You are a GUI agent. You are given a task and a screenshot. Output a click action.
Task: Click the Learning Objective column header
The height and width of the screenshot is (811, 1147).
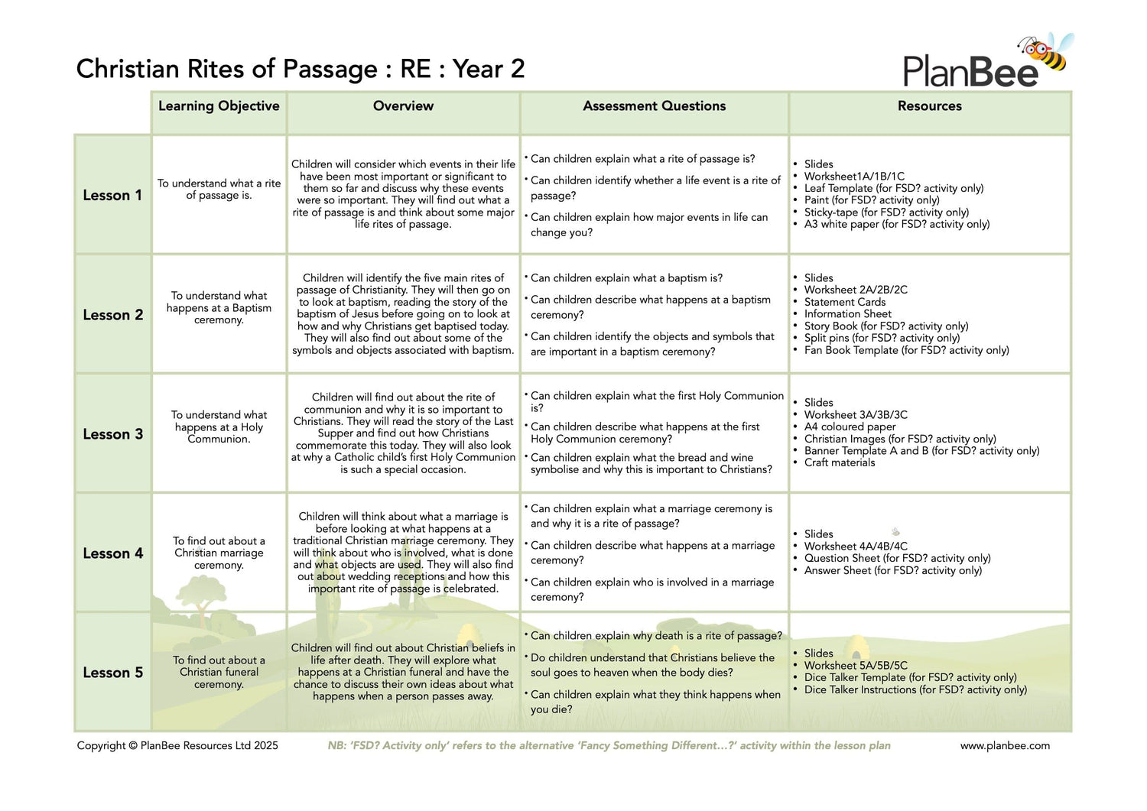(x=219, y=106)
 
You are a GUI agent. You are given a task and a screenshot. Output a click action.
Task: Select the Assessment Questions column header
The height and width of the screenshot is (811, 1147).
(x=654, y=106)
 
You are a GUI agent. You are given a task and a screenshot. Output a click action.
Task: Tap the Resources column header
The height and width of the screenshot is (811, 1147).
(x=929, y=106)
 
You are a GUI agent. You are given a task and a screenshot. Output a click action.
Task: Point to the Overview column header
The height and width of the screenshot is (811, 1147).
(x=403, y=106)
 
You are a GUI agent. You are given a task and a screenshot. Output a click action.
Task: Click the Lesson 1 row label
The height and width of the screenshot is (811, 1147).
(x=112, y=196)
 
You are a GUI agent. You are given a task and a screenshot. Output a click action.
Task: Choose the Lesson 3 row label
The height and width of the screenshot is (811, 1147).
(x=112, y=434)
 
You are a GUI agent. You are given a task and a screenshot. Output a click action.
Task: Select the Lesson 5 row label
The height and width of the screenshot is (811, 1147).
(x=112, y=673)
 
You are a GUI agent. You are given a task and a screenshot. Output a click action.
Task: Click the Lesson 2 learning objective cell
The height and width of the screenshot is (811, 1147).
(x=219, y=308)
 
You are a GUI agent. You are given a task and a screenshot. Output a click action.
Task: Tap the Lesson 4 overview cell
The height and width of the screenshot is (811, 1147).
(x=403, y=553)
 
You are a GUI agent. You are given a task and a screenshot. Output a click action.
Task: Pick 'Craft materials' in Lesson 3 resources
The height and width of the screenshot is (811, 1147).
(x=839, y=462)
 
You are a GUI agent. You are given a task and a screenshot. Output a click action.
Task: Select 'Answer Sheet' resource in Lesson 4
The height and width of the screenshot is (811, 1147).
(x=892, y=570)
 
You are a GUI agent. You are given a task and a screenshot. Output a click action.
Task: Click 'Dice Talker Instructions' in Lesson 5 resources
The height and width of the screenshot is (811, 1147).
(x=915, y=689)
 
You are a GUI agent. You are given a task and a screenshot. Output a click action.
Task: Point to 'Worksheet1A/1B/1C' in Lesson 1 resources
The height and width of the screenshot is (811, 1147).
(x=853, y=176)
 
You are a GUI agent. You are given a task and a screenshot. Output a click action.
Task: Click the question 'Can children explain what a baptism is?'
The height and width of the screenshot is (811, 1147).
(x=626, y=278)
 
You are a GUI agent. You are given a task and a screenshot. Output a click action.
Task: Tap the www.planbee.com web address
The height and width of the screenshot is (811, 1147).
(x=1005, y=745)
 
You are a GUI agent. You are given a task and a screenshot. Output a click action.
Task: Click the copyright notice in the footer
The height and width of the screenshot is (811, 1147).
(x=177, y=745)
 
